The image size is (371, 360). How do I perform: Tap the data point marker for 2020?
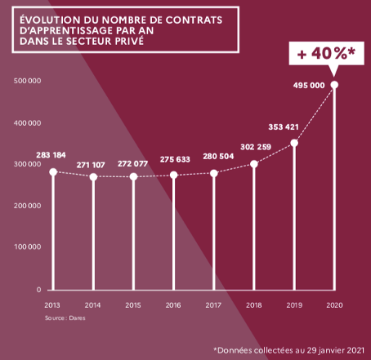334,85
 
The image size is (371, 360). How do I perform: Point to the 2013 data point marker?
53,172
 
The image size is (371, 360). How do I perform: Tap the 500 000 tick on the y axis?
28,81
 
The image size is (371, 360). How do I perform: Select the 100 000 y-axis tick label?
28,247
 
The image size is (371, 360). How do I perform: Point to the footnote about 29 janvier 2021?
290,349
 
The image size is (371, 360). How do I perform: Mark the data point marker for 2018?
254,164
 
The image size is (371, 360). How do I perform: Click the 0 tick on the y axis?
38,289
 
